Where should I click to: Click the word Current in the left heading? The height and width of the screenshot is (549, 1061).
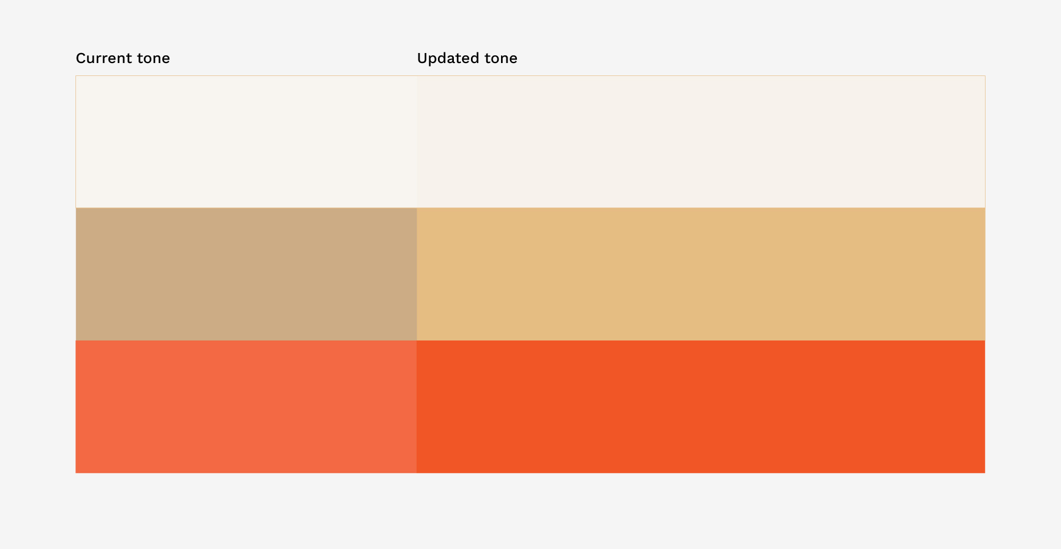[104, 58]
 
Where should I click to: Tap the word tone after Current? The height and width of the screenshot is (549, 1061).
[153, 58]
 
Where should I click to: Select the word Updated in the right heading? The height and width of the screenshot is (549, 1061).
[448, 58]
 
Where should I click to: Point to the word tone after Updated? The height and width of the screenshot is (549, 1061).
[501, 58]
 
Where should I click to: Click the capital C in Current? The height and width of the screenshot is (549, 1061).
[81, 58]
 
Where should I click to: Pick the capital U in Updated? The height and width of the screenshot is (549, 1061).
[422, 58]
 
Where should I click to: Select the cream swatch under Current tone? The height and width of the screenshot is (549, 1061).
[246, 141]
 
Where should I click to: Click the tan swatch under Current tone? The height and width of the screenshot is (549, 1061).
[246, 274]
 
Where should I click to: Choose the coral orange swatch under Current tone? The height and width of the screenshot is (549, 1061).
[246, 406]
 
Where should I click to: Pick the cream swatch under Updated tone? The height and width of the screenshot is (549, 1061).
[701, 141]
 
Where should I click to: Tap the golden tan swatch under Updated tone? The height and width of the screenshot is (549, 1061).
[701, 274]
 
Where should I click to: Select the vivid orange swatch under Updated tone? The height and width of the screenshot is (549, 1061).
[701, 406]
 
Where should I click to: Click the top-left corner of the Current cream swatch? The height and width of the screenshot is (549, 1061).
[76, 76]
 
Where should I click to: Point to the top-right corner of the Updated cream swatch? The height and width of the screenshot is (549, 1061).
[985, 76]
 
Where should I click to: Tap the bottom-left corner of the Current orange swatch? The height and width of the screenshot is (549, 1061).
[76, 472]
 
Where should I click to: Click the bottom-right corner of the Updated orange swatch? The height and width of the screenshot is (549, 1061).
[985, 472]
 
